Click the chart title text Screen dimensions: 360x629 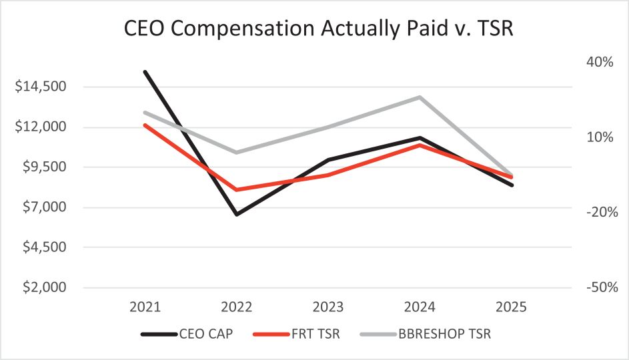314,30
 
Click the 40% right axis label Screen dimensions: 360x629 600,62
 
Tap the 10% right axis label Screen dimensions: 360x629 600,137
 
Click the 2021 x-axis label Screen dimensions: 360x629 145,308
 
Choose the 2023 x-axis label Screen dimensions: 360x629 328,308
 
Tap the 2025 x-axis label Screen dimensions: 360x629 512,308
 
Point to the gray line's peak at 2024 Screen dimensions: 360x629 420,97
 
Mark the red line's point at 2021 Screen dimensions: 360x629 145,125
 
